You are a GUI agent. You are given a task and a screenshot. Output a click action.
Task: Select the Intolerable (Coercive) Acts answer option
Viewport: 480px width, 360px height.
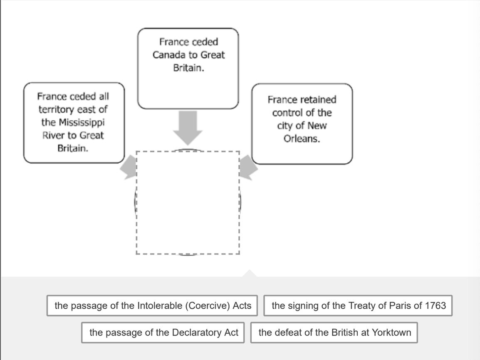pos(152,306)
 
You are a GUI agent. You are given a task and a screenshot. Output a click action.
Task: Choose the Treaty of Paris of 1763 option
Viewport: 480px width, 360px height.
pos(358,306)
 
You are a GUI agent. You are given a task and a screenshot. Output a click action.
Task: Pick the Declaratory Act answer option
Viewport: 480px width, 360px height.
pos(164,333)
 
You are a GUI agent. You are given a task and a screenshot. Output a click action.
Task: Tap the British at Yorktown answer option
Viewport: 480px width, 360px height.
pos(334,333)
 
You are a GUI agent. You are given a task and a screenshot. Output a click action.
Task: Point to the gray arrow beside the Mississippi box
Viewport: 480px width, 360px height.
pos(129,169)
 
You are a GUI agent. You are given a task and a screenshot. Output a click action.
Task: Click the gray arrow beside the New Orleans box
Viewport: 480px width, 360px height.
pos(248,168)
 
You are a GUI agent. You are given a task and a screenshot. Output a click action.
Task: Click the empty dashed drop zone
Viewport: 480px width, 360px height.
pos(188,203)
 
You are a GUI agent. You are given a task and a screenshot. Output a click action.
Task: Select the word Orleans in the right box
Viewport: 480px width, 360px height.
pos(302,139)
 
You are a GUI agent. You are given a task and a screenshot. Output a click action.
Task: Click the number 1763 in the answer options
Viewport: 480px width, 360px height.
pos(435,306)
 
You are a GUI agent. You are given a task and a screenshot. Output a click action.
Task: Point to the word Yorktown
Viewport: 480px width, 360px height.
pos(391,333)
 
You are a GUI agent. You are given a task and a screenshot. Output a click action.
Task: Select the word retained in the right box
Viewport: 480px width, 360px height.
pos(318,100)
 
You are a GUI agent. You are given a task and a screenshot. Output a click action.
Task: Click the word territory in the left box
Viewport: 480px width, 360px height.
pos(56,110)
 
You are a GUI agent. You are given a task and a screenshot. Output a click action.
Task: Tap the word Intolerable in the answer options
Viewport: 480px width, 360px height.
pos(159,306)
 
